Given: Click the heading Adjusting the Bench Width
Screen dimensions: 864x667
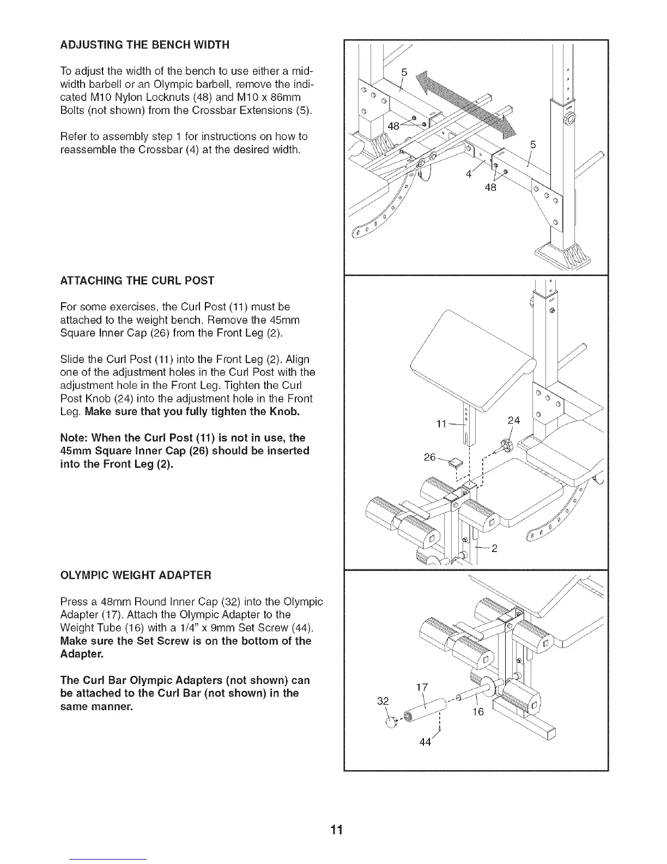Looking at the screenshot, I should (x=144, y=45).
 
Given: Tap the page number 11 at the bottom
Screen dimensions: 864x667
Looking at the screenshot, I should (x=337, y=830).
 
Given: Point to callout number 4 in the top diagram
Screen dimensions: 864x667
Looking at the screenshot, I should (x=468, y=175).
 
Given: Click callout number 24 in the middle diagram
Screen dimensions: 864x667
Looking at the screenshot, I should (x=513, y=421).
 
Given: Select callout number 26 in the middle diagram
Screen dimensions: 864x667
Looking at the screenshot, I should (x=430, y=457).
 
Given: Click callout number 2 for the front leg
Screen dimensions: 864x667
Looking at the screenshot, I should (x=494, y=549).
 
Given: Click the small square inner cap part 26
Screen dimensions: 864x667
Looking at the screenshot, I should (x=454, y=464).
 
